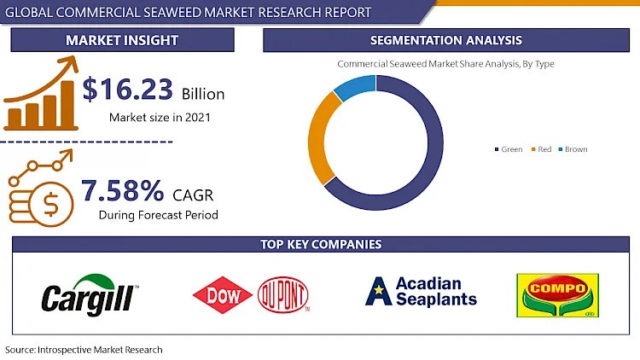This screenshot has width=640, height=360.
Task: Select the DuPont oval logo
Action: [282, 295]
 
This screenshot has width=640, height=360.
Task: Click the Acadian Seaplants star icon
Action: [378, 292]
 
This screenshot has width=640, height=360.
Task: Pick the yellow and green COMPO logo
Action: [557, 294]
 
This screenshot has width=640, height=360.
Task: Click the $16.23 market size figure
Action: [128, 90]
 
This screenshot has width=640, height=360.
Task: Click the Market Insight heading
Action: [122, 40]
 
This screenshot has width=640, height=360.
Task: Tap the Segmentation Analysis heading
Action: [446, 40]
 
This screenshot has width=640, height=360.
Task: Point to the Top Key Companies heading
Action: [321, 245]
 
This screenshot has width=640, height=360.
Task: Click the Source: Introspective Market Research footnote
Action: [84, 350]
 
